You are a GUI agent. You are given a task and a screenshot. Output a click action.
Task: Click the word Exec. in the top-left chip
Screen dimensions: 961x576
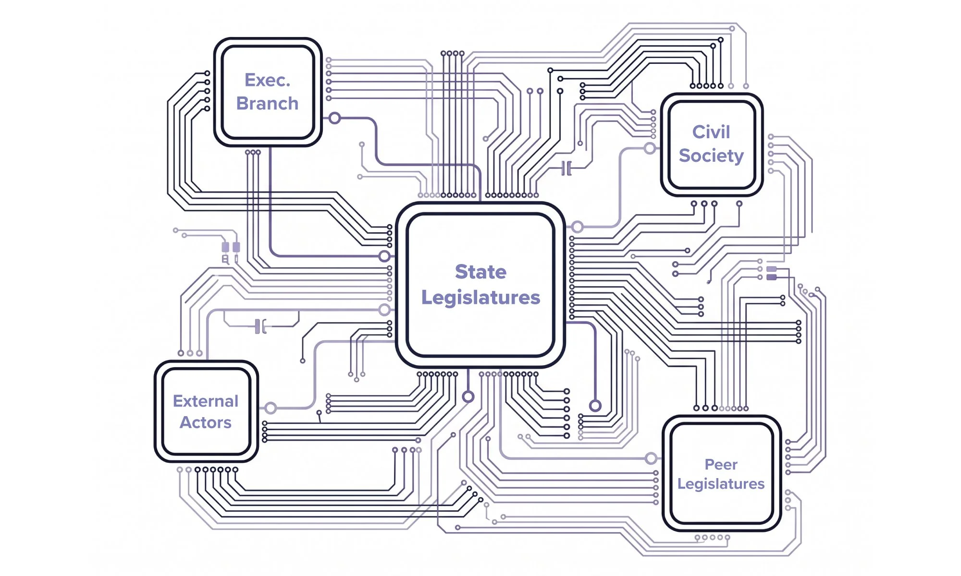click(x=268, y=80)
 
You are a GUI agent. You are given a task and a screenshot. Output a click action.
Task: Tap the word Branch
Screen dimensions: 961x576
click(x=268, y=104)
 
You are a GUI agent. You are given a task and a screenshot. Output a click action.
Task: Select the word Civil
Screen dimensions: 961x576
click(x=711, y=132)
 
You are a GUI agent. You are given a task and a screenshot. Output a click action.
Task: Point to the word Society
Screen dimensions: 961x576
click(x=711, y=156)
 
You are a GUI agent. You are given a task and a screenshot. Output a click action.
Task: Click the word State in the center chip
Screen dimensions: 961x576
click(x=480, y=272)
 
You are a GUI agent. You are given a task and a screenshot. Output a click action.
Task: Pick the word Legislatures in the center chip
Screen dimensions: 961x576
click(x=480, y=298)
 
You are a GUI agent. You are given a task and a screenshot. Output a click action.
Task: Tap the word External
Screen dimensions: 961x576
click(x=206, y=401)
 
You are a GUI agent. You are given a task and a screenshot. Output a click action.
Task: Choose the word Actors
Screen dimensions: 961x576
click(x=206, y=422)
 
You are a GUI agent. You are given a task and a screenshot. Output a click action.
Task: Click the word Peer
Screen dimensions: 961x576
click(x=721, y=465)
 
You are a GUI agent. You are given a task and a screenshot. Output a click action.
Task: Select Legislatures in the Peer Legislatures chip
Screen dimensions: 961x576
click(x=721, y=484)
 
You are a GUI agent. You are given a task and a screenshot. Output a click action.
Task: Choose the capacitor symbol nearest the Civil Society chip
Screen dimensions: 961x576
click(x=567, y=168)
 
